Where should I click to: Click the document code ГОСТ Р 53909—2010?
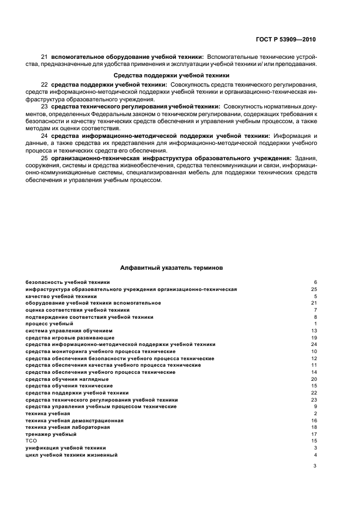[288, 39]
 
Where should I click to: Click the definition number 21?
[45, 57]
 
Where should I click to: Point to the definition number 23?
[45, 106]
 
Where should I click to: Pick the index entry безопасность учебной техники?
[68, 282]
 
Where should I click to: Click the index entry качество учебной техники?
[61, 296]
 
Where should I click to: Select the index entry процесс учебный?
[49, 324]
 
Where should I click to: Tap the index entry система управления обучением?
[69, 331]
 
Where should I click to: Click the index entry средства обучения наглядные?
[67, 379]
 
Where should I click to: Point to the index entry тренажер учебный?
[51, 434]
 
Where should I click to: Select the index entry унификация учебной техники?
[65, 448]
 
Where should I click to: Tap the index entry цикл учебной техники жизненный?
[71, 455]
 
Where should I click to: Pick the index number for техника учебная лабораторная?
[314, 427]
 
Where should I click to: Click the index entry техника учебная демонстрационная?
[75, 421]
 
